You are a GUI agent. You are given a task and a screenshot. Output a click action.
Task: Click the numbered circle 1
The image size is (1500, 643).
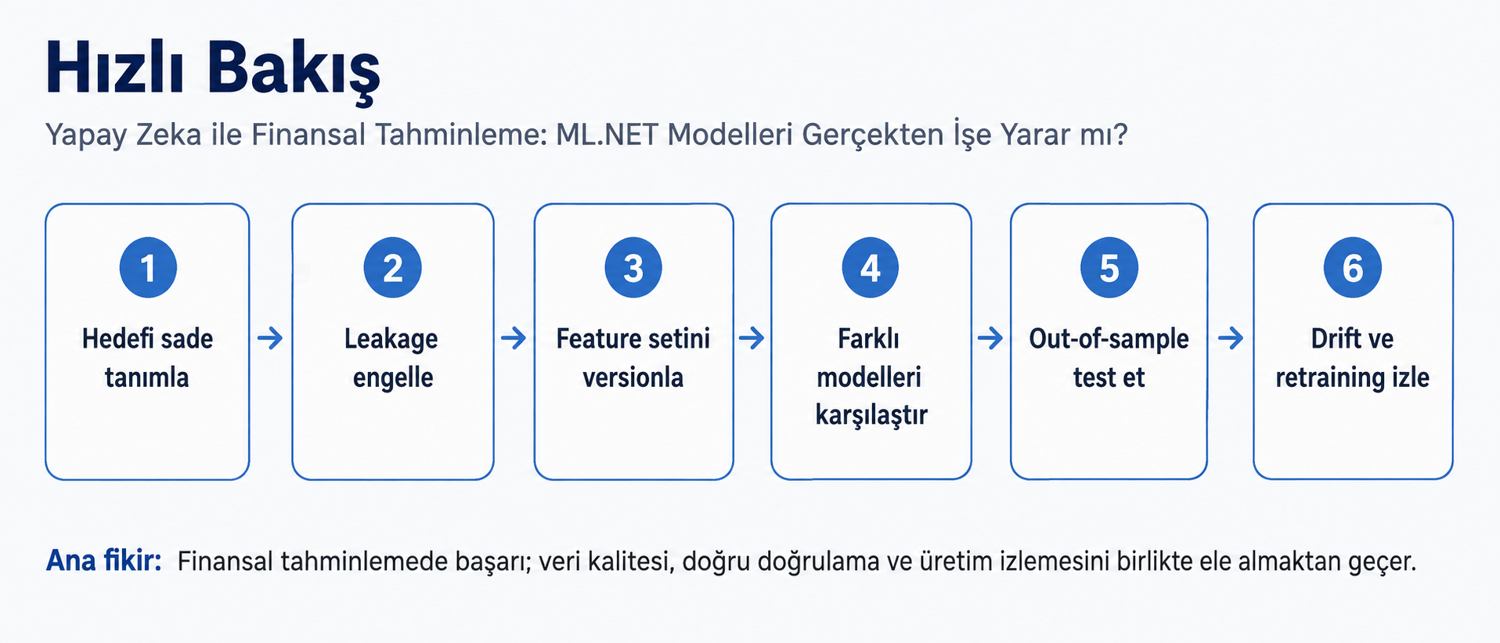click(x=148, y=268)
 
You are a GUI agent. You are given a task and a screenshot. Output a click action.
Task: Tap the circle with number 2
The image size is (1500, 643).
click(x=393, y=268)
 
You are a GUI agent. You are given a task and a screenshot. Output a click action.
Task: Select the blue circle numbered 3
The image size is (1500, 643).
click(x=633, y=268)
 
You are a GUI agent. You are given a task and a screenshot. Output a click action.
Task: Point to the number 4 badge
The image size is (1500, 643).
click(x=871, y=268)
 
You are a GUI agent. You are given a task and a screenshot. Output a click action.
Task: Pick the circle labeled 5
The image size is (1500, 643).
click(x=1109, y=268)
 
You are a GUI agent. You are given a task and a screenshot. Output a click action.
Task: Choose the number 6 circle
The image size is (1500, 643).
click(x=1353, y=268)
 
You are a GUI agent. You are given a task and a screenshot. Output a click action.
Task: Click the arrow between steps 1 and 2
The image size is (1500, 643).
click(x=270, y=338)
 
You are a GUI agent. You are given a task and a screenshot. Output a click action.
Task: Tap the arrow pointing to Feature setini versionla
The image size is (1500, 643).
click(x=514, y=338)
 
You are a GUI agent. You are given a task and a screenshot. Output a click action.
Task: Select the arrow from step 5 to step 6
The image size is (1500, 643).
click(x=1231, y=338)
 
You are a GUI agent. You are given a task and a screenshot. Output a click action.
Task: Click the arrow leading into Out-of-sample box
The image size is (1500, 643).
click(x=990, y=338)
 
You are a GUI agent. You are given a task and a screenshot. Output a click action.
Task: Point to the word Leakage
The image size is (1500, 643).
click(x=391, y=340)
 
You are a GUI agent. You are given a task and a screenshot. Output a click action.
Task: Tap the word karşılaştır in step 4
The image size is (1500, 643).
click(x=871, y=415)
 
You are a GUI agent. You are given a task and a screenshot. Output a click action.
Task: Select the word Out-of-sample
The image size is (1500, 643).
click(x=1109, y=340)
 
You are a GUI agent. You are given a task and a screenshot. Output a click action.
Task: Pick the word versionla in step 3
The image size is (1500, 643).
click(x=633, y=377)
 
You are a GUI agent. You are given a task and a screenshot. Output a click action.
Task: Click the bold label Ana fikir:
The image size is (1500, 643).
click(x=104, y=561)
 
